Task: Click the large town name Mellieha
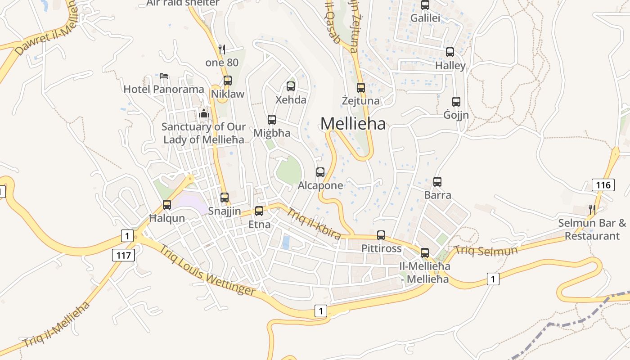click(x=353, y=123)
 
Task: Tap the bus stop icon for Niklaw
click(x=228, y=81)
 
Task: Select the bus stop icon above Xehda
click(x=291, y=86)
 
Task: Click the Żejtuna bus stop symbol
click(x=360, y=87)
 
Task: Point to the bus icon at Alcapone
click(x=320, y=172)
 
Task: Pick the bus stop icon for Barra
click(x=437, y=182)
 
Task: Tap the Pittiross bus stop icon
click(x=381, y=235)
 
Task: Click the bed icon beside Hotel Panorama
click(x=164, y=76)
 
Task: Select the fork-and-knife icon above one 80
click(x=221, y=49)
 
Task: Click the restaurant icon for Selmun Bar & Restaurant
click(x=592, y=209)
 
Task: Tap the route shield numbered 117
click(x=123, y=256)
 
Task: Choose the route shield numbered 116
click(x=603, y=184)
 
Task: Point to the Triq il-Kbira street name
click(x=314, y=224)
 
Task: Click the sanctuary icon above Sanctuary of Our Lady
click(x=204, y=113)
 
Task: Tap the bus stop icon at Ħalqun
click(x=167, y=205)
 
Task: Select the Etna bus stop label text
click(x=260, y=225)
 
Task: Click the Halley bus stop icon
click(x=450, y=52)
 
